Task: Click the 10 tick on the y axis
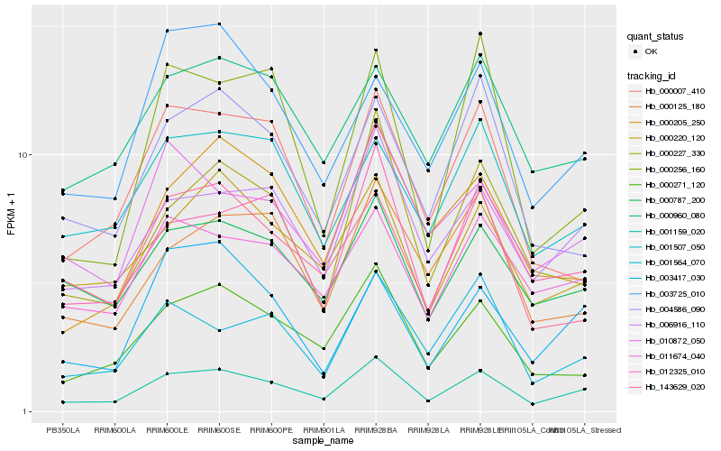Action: (26, 155)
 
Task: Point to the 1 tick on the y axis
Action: (28, 412)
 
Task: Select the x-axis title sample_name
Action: (323, 442)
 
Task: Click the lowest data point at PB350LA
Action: (63, 401)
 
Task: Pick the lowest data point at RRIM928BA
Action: (375, 357)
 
